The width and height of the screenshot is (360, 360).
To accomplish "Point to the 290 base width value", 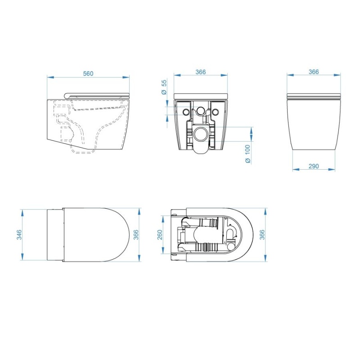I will (314, 166).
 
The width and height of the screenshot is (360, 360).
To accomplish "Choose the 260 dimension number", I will (160, 234).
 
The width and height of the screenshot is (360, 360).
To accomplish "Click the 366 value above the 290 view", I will (314, 72).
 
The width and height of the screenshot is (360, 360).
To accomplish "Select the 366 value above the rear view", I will (201, 72).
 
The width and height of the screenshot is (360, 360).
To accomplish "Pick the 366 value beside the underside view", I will (262, 234).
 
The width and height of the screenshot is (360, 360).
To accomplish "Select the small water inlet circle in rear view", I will (201, 111).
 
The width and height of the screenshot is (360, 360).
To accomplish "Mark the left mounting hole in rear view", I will (186, 111).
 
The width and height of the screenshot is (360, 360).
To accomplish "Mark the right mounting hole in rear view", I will (215, 111).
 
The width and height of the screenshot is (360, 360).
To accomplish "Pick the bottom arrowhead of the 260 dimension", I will (163, 253).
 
